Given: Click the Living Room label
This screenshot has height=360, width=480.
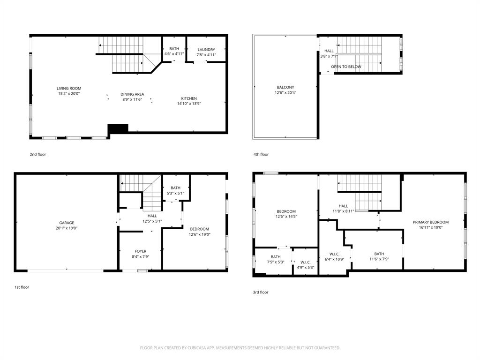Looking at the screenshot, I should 69,88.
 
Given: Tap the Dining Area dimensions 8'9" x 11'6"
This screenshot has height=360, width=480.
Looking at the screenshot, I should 132,99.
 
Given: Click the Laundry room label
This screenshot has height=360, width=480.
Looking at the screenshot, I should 206,50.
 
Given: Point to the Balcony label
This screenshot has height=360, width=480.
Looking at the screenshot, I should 285,87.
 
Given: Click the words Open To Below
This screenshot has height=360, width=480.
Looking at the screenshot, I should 346,67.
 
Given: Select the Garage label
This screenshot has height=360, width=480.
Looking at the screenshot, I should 66,223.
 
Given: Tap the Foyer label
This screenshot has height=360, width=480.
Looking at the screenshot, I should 141,251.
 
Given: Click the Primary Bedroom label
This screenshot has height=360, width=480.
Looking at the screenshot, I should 430,222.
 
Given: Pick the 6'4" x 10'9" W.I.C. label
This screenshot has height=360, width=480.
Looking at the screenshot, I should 334,256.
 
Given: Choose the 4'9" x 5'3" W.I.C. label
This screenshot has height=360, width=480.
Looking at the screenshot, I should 305,265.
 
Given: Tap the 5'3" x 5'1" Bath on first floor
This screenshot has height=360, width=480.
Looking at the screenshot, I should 175,190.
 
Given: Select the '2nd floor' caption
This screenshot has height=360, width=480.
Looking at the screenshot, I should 38,154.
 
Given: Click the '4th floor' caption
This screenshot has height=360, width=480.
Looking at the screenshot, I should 261,154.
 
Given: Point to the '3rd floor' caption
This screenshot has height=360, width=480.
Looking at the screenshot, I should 261,292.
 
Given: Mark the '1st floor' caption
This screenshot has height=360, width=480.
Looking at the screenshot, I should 22,287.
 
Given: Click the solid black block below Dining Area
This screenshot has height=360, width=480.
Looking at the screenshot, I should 118,128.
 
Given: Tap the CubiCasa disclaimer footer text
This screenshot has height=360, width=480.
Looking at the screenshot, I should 240,348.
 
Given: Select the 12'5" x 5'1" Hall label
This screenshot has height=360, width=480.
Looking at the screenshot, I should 152,218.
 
